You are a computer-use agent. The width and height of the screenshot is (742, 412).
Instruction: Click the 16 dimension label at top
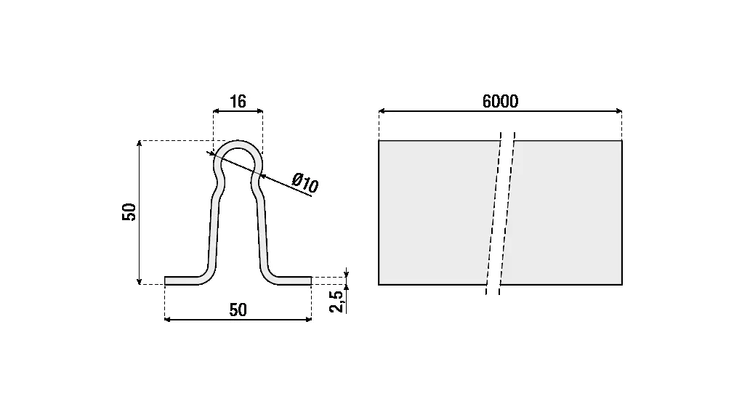(238, 101)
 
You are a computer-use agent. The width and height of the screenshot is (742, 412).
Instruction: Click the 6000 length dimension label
(500, 101)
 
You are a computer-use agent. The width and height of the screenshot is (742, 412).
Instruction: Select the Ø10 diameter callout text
(305, 183)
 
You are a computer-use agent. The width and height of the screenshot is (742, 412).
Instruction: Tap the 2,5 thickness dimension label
(336, 302)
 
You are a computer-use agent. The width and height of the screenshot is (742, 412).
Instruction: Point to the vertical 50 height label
(129, 212)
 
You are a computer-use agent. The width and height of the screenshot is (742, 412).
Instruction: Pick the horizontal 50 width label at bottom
(238, 310)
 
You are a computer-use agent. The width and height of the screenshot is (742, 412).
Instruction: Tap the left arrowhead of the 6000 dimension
(382, 111)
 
